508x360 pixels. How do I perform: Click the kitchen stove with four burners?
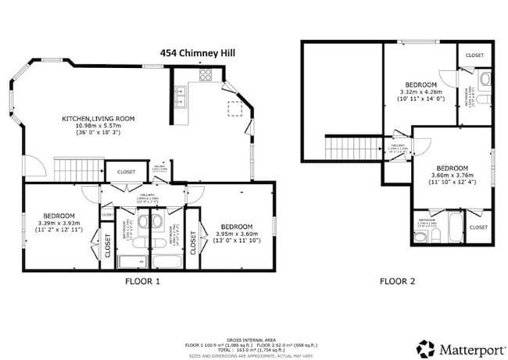(x=206, y=76)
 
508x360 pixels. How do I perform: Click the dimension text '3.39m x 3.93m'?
(x=59, y=223)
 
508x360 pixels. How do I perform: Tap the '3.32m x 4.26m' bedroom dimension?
(x=420, y=91)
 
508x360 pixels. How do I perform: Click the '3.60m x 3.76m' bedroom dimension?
(x=452, y=176)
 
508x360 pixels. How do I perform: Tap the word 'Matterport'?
(x=466, y=348)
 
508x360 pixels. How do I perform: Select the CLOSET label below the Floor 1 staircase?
(x=126, y=172)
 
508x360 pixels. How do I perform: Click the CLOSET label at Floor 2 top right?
(x=474, y=55)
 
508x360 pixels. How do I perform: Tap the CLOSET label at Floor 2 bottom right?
(x=478, y=227)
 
